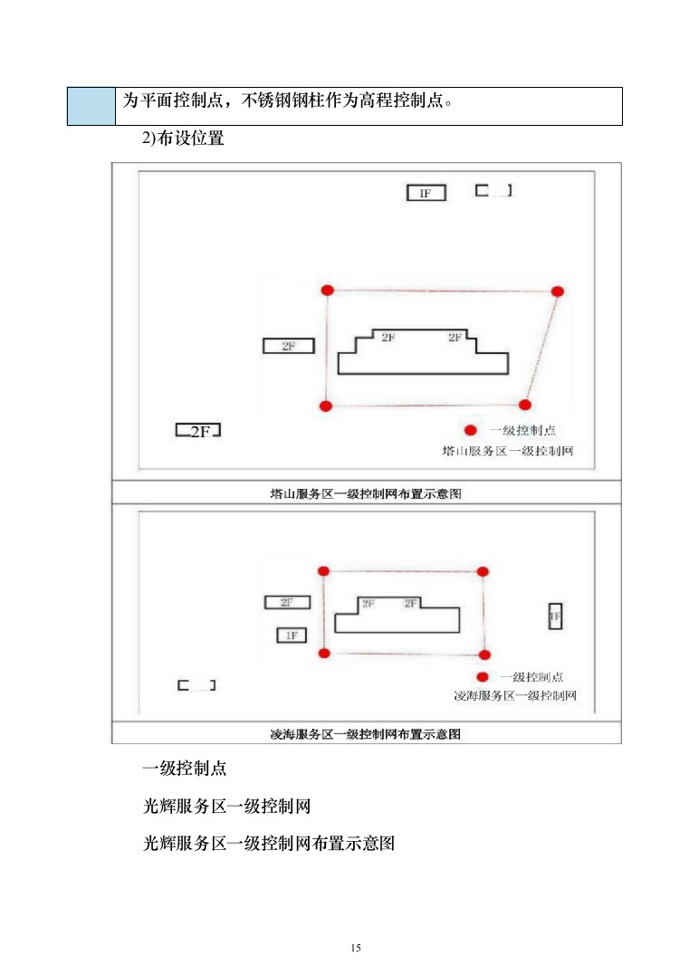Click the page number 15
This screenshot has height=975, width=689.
pyautogui.click(x=355, y=948)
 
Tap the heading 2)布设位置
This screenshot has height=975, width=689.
pyautogui.click(x=183, y=139)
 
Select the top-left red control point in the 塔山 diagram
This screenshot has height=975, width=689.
pyautogui.click(x=328, y=290)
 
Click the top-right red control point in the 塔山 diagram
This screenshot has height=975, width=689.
pyautogui.click(x=558, y=291)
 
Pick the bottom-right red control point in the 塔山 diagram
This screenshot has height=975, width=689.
pyautogui.click(x=525, y=405)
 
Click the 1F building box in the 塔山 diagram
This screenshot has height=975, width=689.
pyautogui.click(x=426, y=193)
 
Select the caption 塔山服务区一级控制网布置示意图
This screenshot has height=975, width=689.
pyautogui.click(x=366, y=493)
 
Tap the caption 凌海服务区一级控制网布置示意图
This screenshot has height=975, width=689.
pyautogui.click(x=366, y=733)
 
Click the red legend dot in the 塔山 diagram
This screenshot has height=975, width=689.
pyautogui.click(x=470, y=431)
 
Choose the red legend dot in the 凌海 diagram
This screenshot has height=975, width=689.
pyautogui.click(x=483, y=677)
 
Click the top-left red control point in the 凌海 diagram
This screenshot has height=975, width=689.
pyautogui.click(x=323, y=570)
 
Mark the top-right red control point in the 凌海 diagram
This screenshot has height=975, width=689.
pyautogui.click(x=483, y=571)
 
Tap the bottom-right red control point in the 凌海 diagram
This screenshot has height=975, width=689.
pyautogui.click(x=484, y=655)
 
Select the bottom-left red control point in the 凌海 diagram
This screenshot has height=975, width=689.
pyautogui.click(x=324, y=653)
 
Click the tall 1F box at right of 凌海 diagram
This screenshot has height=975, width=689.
pyautogui.click(x=555, y=616)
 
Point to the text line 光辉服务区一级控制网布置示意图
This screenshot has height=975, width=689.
pyautogui.click(x=270, y=843)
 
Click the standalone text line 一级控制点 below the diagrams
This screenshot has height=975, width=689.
pyautogui.click(x=185, y=769)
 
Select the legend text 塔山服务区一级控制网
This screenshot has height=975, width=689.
pyautogui.click(x=508, y=450)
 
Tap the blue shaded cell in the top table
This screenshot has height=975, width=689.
pyautogui.click(x=91, y=106)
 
